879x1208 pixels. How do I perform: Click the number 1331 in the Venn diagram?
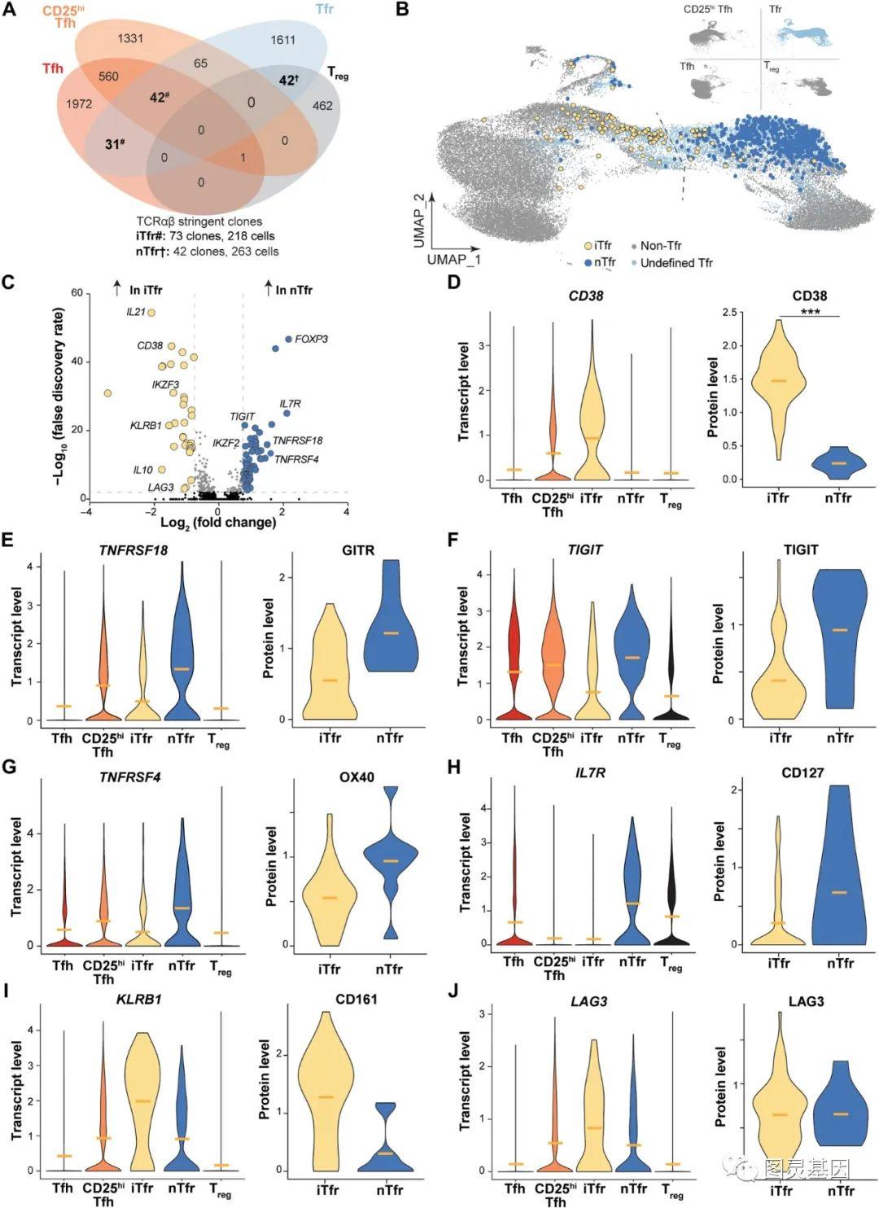[x=130, y=38]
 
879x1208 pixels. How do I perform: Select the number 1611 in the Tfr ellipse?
[x=283, y=40]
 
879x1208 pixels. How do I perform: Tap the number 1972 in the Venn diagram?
[x=79, y=103]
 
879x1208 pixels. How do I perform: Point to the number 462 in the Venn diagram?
[x=322, y=105]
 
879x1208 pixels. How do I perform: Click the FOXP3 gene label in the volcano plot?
[x=311, y=339]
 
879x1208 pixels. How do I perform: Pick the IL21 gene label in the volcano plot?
[x=135, y=312]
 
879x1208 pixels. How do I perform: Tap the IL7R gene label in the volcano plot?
[x=290, y=404]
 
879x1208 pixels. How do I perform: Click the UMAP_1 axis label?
[x=453, y=260]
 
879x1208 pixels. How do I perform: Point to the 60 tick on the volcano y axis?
[x=77, y=293]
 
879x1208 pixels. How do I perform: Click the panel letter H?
[x=454, y=768]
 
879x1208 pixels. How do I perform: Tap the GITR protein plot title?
[x=358, y=550]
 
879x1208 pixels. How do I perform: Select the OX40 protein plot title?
[x=356, y=777]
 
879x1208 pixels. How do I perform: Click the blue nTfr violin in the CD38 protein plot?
[x=838, y=462]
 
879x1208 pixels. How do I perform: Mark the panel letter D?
[x=454, y=282]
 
